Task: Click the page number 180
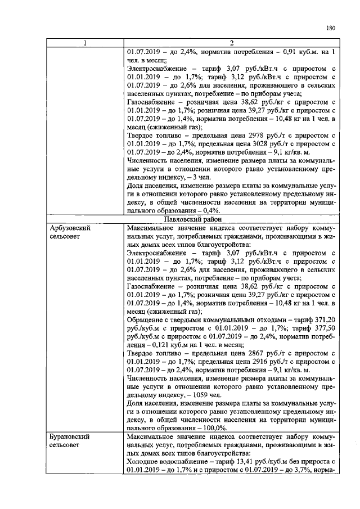coord(330,27)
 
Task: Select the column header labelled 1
coord(84,44)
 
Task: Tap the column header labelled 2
coord(231,44)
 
